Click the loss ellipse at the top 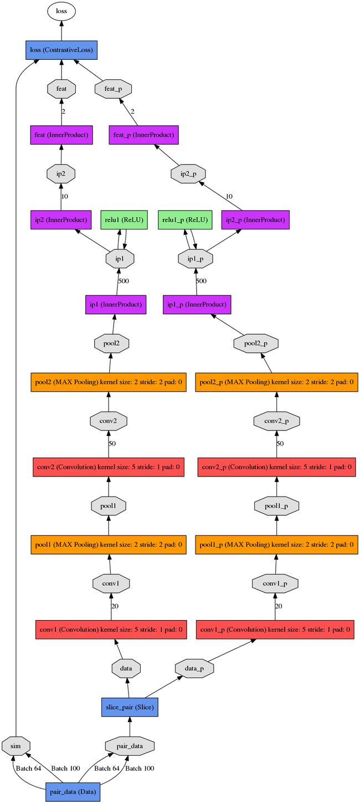pyautogui.click(x=61, y=11)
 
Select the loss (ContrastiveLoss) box pyautogui.click(x=61, y=50)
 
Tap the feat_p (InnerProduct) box pyautogui.click(x=143, y=135)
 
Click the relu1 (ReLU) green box pyautogui.click(x=124, y=219)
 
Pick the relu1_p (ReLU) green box pyautogui.click(x=185, y=219)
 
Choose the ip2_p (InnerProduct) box pyautogui.click(x=255, y=219)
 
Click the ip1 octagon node pyautogui.click(x=120, y=258)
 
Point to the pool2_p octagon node pyautogui.click(x=256, y=344)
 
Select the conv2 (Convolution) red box pyautogui.click(x=109, y=467)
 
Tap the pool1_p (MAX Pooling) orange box pyautogui.click(x=277, y=545)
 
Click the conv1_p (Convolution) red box pyautogui.click(x=275, y=629)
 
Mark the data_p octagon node pyautogui.click(x=194, y=668)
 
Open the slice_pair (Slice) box pyautogui.click(x=130, y=707)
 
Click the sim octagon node pyautogui.click(x=16, y=746)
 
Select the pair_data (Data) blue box pyautogui.click(x=73, y=792)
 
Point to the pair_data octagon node pyautogui.click(x=130, y=746)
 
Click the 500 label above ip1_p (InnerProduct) pyautogui.click(x=201, y=281)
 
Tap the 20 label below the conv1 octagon pyautogui.click(x=115, y=606)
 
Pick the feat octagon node pyautogui.click(x=61, y=89)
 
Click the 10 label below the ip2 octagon pyautogui.click(x=65, y=196)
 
